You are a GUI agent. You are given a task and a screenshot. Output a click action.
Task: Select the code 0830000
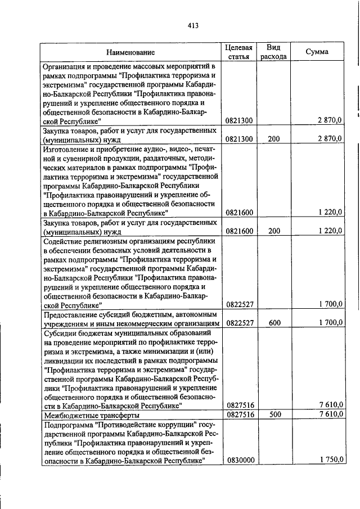240,460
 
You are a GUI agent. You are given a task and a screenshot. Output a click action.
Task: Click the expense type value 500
274,415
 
